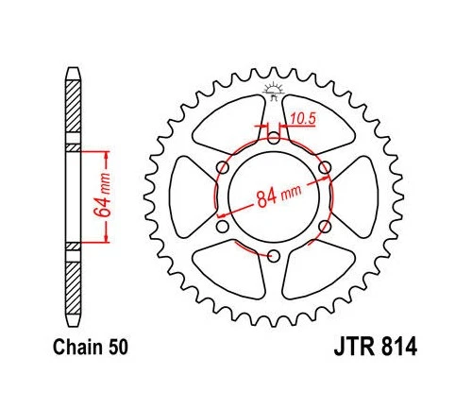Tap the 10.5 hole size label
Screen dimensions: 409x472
301,120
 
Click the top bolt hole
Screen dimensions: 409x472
274,138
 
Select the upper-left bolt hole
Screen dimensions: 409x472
223,167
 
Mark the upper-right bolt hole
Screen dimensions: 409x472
325,168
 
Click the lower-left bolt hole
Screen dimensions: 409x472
223,227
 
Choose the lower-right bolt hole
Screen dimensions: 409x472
325,227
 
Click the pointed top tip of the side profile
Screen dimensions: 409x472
73,68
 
